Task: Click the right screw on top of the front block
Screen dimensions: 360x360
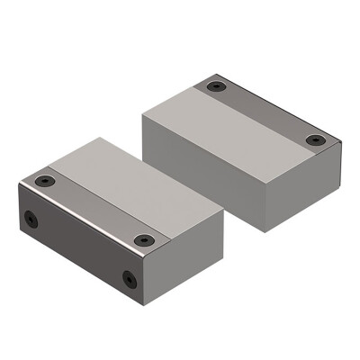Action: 144,239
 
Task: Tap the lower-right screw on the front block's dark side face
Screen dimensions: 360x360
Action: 129,278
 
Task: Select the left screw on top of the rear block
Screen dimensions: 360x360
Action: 214,87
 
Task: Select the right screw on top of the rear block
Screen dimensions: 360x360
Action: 314,139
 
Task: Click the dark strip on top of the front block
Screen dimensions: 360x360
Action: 90,212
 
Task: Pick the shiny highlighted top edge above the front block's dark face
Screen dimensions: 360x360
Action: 85,225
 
